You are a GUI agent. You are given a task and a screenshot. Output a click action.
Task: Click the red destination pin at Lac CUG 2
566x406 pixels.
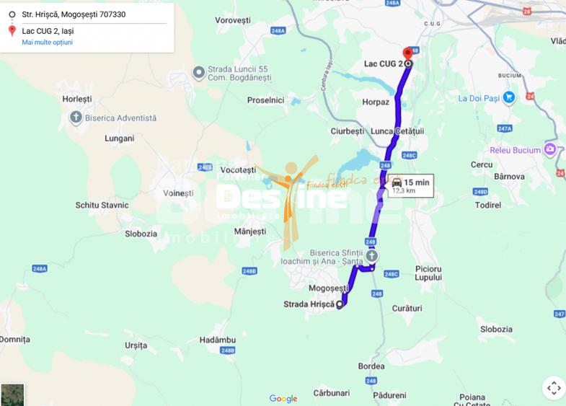coord(407,53)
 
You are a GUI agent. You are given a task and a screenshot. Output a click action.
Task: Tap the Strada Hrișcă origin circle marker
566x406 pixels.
coord(340,305)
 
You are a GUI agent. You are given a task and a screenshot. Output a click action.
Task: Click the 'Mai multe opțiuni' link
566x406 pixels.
coord(47,43)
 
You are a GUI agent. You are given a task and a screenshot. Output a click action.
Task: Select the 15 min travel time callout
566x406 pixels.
coord(410,186)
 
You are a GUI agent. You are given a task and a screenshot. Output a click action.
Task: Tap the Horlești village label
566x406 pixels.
coord(77,99)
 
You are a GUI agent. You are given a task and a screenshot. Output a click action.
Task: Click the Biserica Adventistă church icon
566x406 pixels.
coord(76,118)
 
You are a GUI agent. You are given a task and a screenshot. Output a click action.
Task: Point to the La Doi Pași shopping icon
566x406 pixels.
coord(509,98)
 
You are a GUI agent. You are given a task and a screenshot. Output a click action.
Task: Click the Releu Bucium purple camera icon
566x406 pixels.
coord(550,149)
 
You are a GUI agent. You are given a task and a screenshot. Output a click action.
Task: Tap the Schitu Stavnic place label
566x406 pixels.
coord(102,206)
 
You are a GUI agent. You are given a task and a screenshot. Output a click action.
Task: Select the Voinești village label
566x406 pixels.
coord(178,193)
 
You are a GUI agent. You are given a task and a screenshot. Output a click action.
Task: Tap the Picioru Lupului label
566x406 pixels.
coord(428,273)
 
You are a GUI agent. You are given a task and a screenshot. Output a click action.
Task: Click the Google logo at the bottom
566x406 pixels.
coord(283,399)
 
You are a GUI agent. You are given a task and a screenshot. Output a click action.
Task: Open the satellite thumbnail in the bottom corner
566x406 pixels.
coord(12,394)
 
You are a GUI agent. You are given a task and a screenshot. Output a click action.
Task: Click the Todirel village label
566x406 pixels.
coord(488,206)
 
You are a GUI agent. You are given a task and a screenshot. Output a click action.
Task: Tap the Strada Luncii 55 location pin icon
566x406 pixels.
coord(199,73)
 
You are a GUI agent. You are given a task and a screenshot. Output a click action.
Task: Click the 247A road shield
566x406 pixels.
coord(505,128)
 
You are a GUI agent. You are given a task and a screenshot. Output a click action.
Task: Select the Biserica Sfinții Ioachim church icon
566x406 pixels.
coord(371,256)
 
